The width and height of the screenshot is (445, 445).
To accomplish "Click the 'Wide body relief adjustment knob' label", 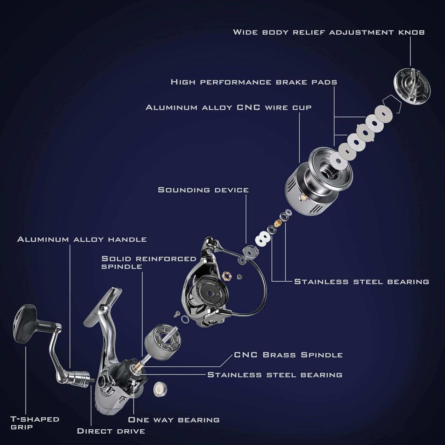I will tap(329, 32).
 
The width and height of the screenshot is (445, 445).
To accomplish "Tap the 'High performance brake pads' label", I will tap(254, 82).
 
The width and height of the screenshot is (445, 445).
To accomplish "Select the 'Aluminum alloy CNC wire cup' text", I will tap(228, 107).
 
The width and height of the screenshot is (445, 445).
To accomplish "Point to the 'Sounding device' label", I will tap(203, 190).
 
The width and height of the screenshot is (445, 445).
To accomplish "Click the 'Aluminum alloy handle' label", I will tap(82, 239).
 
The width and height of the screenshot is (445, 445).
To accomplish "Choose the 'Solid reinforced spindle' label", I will tap(148, 263).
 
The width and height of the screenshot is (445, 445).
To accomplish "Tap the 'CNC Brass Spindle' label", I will tap(288, 355).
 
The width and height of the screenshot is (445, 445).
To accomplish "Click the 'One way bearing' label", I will tap(174, 420).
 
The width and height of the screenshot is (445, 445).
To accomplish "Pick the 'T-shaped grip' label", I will tap(35, 423).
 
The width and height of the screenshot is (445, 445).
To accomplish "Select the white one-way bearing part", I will tap(160, 389).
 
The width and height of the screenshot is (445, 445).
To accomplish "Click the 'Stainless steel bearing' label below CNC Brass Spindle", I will tap(275, 375).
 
